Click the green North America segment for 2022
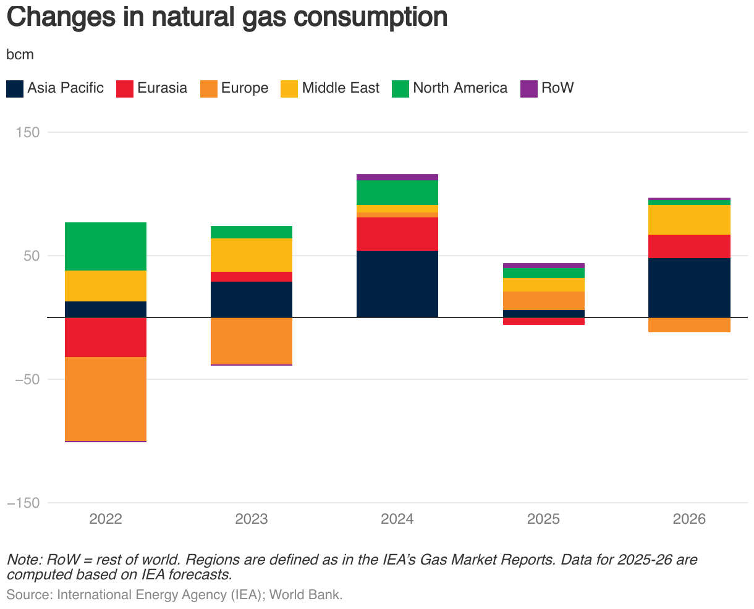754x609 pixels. (105, 246)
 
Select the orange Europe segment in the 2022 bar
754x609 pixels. (105, 398)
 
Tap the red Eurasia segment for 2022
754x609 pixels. (105, 337)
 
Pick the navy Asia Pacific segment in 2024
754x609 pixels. (397, 284)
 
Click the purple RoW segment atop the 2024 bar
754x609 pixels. (397, 177)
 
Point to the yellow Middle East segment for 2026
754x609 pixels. (689, 220)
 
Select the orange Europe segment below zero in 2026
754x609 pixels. (689, 325)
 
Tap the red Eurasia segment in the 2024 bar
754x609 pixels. (397, 233)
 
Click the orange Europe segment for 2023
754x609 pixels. (252, 341)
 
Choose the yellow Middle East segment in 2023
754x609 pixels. (252, 255)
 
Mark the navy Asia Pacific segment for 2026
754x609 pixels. (689, 288)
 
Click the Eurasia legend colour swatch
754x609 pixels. (125, 88)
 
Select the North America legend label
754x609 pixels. (460, 88)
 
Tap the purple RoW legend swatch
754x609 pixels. (529, 88)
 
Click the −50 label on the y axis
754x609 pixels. (25, 379)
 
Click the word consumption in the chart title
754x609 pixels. (370, 17)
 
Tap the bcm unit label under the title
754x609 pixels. (20, 54)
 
